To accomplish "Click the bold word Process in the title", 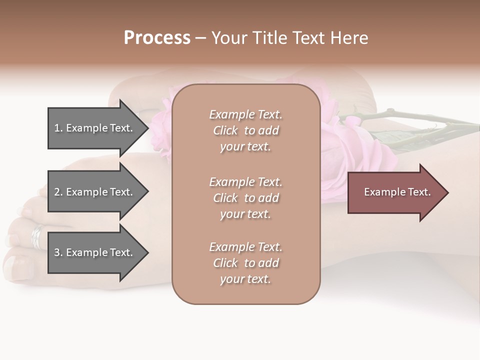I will click(x=157, y=37).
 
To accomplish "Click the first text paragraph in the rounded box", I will click(x=245, y=130).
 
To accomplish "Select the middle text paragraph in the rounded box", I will click(x=245, y=198).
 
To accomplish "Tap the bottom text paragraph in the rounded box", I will click(x=245, y=263).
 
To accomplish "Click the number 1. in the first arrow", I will click(x=58, y=128).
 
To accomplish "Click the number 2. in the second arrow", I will click(x=58, y=192).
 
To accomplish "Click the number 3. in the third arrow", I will click(x=58, y=252).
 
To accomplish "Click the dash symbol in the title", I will click(x=200, y=38).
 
